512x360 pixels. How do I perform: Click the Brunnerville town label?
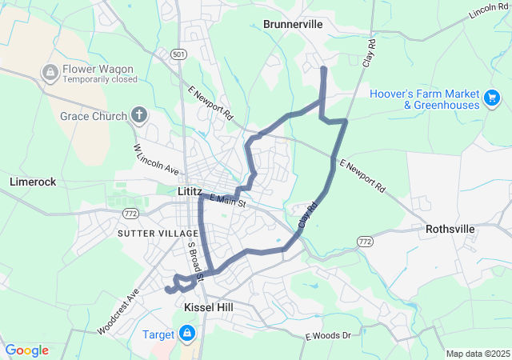[x=293, y=24]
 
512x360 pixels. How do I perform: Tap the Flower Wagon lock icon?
[x=50, y=73]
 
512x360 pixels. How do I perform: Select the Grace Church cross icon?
[x=139, y=116]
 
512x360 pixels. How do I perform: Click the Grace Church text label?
[x=93, y=116]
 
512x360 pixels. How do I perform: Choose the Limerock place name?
[x=33, y=182]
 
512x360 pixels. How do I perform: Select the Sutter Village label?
[x=152, y=233]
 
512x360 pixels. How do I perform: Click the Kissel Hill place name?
[x=208, y=307]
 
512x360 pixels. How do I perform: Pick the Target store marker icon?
[x=186, y=332]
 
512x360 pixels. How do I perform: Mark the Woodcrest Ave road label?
[x=118, y=313]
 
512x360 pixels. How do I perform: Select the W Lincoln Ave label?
[x=156, y=159]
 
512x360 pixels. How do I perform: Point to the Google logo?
[x=26, y=350]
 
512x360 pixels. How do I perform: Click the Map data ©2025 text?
[x=477, y=354]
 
